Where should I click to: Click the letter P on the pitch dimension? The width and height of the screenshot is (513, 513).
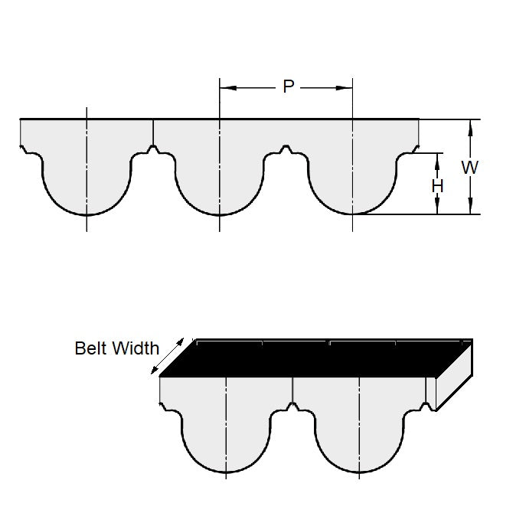[288, 87]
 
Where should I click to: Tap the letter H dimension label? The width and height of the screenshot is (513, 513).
[436, 186]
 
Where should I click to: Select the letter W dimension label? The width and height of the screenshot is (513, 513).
[470, 168]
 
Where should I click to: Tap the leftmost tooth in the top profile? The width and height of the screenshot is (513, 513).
[87, 180]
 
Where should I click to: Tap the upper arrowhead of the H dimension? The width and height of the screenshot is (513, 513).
[437, 158]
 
